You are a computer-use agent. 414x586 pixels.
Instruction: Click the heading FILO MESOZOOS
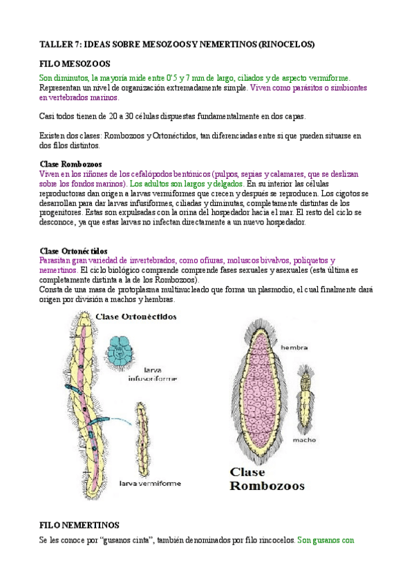[x=71, y=64]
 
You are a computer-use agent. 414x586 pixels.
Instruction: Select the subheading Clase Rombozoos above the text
[x=70, y=164]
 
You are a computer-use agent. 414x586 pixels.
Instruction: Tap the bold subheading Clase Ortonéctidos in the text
[x=73, y=250]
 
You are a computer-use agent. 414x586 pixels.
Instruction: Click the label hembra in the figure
[x=294, y=348]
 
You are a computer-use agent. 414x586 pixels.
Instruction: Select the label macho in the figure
[x=304, y=439]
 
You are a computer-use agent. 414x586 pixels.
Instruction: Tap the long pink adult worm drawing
[x=86, y=394]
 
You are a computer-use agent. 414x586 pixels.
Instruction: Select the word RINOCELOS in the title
[x=286, y=44]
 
